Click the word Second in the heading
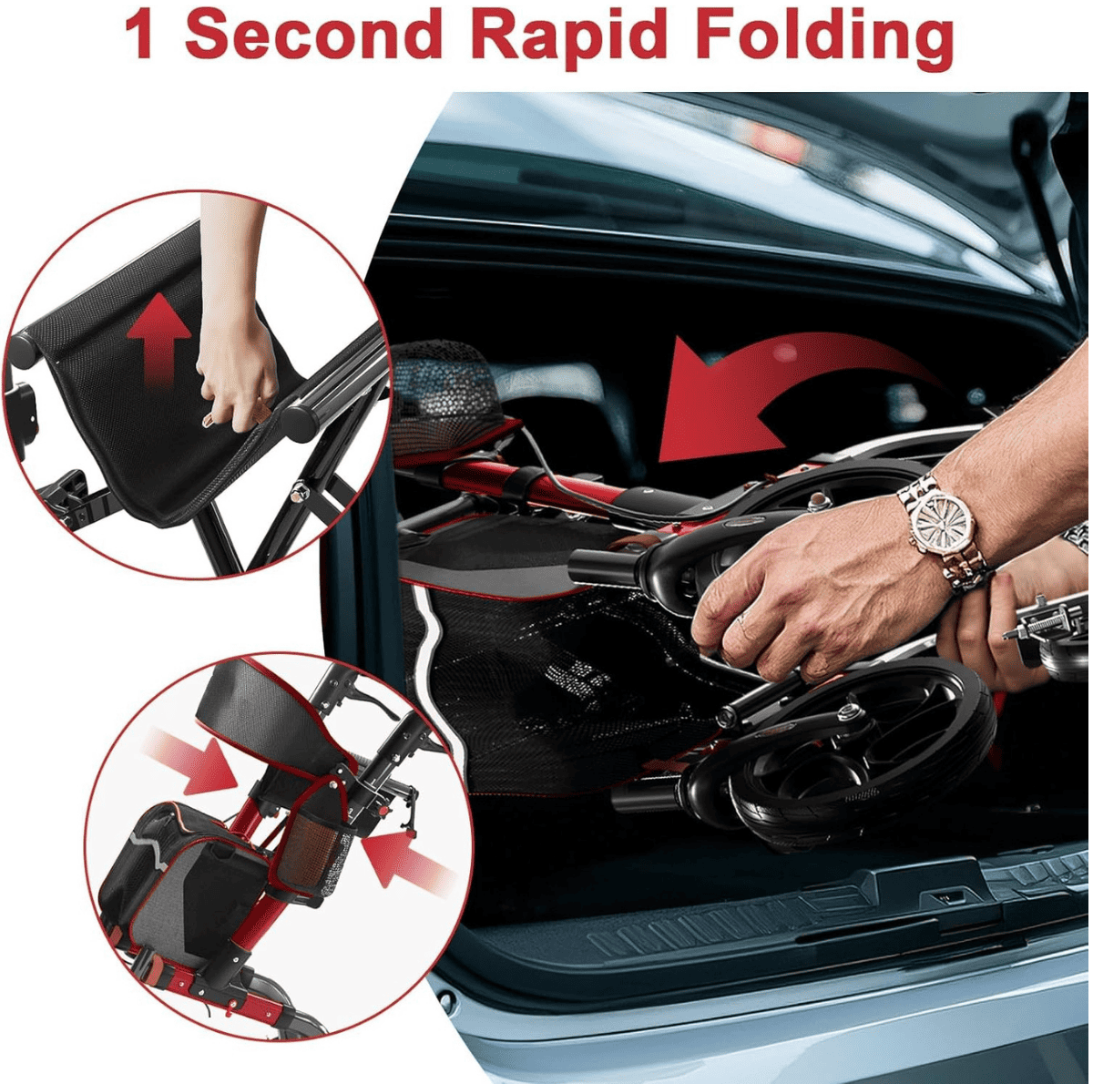(x=313, y=33)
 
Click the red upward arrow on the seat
(x=159, y=341)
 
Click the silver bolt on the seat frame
(x=296, y=494)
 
